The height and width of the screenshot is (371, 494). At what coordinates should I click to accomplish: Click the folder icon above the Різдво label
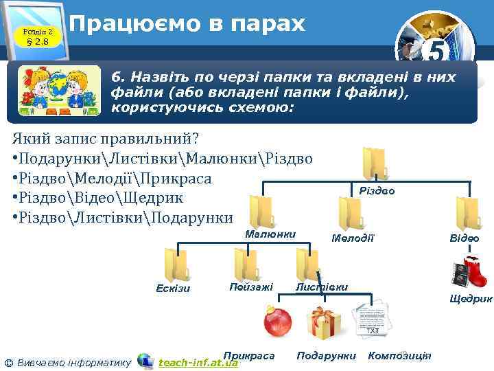(x=376, y=164)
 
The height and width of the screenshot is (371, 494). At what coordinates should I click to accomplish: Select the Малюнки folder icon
(x=261, y=211)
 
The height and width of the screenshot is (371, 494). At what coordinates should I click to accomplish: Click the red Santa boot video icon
(x=470, y=271)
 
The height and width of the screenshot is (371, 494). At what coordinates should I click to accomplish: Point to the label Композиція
(x=400, y=355)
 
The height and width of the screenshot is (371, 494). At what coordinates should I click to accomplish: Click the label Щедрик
(x=471, y=299)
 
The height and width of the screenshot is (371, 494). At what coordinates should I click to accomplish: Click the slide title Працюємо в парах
(x=187, y=25)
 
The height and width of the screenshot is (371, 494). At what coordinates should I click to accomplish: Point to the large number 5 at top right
(x=439, y=52)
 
